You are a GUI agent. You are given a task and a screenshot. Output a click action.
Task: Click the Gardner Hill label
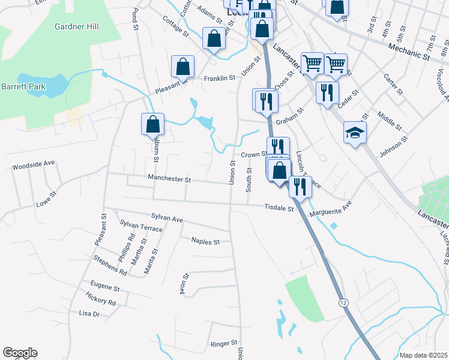point(76,26)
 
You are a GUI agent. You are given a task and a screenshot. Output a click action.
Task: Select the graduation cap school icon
point(355,133)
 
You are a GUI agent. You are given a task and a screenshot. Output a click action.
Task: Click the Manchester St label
point(169,179)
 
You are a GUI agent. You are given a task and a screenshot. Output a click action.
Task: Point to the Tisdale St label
point(279,208)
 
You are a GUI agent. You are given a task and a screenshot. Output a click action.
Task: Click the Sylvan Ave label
point(167,219)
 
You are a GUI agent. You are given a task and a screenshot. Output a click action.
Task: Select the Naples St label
point(205,241)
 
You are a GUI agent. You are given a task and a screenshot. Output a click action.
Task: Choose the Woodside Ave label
point(34,163)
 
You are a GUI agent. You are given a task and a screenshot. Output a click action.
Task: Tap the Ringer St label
point(223,344)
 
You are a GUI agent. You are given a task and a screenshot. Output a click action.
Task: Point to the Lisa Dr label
point(89,313)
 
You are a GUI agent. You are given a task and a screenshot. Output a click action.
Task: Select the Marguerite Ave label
point(330,209)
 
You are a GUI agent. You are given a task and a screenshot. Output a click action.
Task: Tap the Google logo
point(20,353)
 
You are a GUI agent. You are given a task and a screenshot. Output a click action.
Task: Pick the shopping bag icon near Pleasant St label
point(183,67)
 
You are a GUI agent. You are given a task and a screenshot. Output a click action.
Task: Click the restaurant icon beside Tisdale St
point(298,187)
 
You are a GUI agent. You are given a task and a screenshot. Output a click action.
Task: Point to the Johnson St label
point(393,146)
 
